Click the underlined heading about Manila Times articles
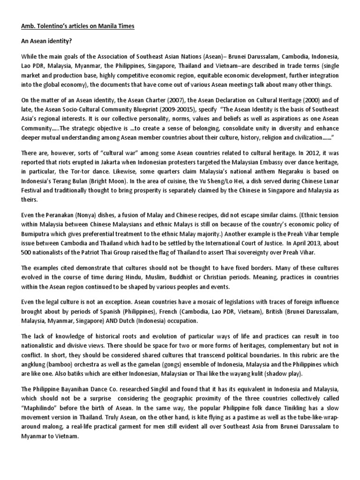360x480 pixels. (x=77, y=26)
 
